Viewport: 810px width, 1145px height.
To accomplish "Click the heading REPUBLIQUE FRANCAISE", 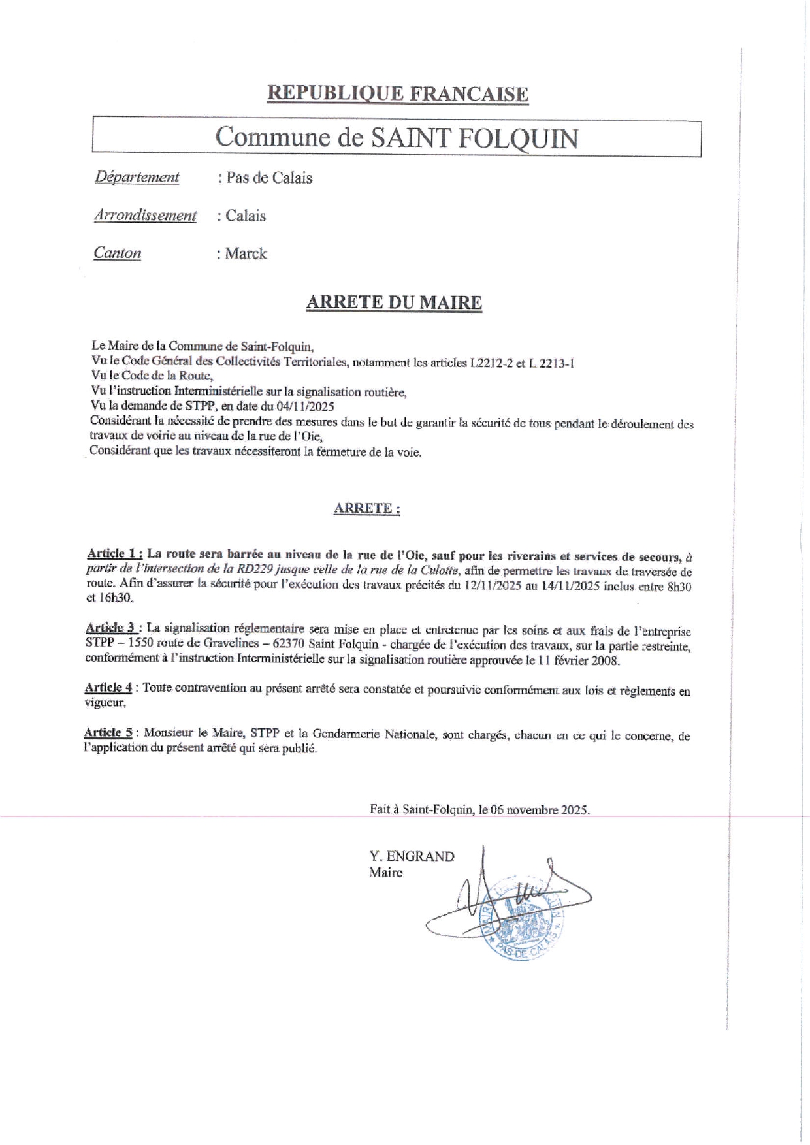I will [397, 94].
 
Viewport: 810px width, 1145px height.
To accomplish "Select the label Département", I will [137, 177].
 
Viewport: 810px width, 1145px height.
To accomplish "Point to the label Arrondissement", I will [145, 215].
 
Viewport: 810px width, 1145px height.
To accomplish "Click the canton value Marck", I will [246, 253].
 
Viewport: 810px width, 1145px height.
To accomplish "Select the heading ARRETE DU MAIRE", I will [394, 302].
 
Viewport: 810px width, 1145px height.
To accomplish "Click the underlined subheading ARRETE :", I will [366, 508].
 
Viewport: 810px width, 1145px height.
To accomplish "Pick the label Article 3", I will [112, 628].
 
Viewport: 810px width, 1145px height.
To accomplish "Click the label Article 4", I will [109, 688].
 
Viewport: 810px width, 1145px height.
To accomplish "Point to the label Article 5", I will [109, 733].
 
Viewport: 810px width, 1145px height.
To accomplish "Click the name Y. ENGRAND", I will [412, 856].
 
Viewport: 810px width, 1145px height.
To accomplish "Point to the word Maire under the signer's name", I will [385, 873].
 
